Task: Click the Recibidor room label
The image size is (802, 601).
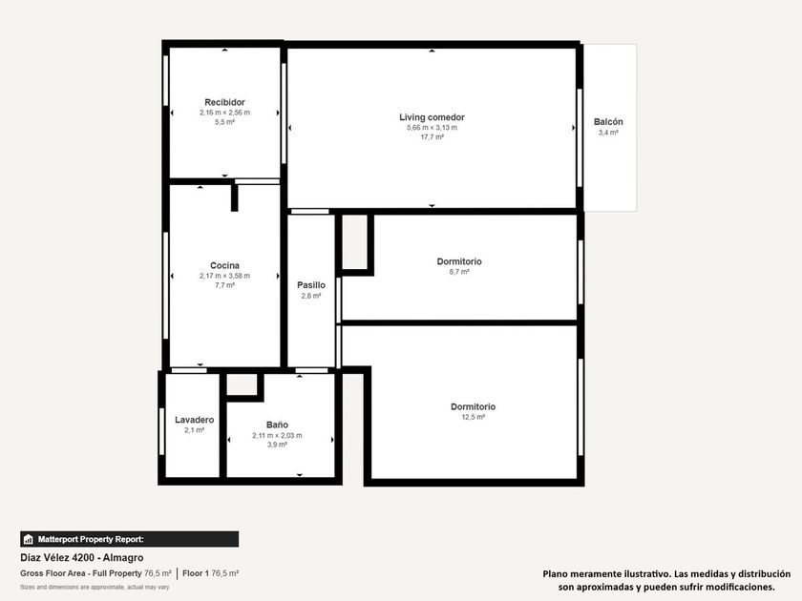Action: click(224, 102)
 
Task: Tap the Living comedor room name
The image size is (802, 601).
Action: click(432, 117)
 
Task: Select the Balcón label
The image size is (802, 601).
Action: click(608, 122)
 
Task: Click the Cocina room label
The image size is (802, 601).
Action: click(224, 265)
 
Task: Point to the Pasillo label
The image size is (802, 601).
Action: click(311, 285)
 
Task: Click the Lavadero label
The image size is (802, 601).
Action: click(195, 420)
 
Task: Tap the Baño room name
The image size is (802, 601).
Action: click(277, 425)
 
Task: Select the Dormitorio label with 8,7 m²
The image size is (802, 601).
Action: click(459, 261)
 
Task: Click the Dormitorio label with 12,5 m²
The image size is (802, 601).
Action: click(474, 406)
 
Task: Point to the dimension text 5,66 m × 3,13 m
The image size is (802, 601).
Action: click(432, 128)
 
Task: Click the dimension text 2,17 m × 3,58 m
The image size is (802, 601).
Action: click(224, 276)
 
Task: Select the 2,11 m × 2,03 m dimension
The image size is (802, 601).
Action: click(277, 435)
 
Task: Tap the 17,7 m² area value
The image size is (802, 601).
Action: click(432, 137)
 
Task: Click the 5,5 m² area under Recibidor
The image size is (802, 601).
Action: click(224, 122)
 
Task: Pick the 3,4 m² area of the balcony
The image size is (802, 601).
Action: click(608, 133)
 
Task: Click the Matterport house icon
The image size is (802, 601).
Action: click(28, 539)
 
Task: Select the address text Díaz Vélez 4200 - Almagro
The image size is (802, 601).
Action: click(82, 557)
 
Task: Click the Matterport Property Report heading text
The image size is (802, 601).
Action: click(91, 539)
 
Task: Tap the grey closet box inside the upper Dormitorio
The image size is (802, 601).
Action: click(354, 241)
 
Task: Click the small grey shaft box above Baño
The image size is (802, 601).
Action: click(242, 384)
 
